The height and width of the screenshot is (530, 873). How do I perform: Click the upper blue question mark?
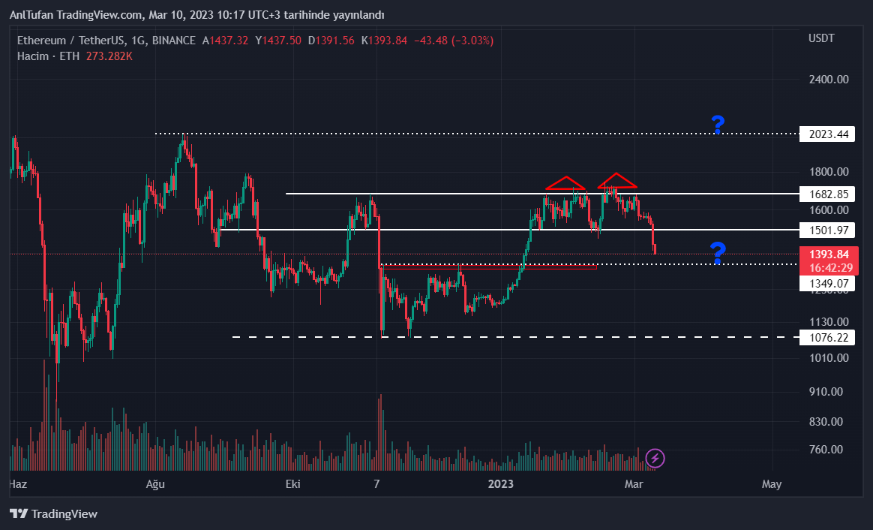tap(718, 125)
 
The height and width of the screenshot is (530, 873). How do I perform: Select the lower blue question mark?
tap(718, 253)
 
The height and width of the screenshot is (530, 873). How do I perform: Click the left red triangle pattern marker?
tap(565, 183)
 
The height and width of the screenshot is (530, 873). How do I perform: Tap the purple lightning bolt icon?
tap(655, 458)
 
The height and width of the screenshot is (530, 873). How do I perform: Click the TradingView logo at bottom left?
tap(54, 514)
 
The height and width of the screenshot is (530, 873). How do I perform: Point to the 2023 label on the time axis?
tap(500, 484)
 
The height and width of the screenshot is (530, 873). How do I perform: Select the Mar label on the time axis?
tap(634, 484)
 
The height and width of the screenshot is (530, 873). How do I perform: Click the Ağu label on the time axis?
tap(154, 484)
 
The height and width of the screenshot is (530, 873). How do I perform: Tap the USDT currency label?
tap(821, 38)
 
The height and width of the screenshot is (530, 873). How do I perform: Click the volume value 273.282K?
tap(107, 56)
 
